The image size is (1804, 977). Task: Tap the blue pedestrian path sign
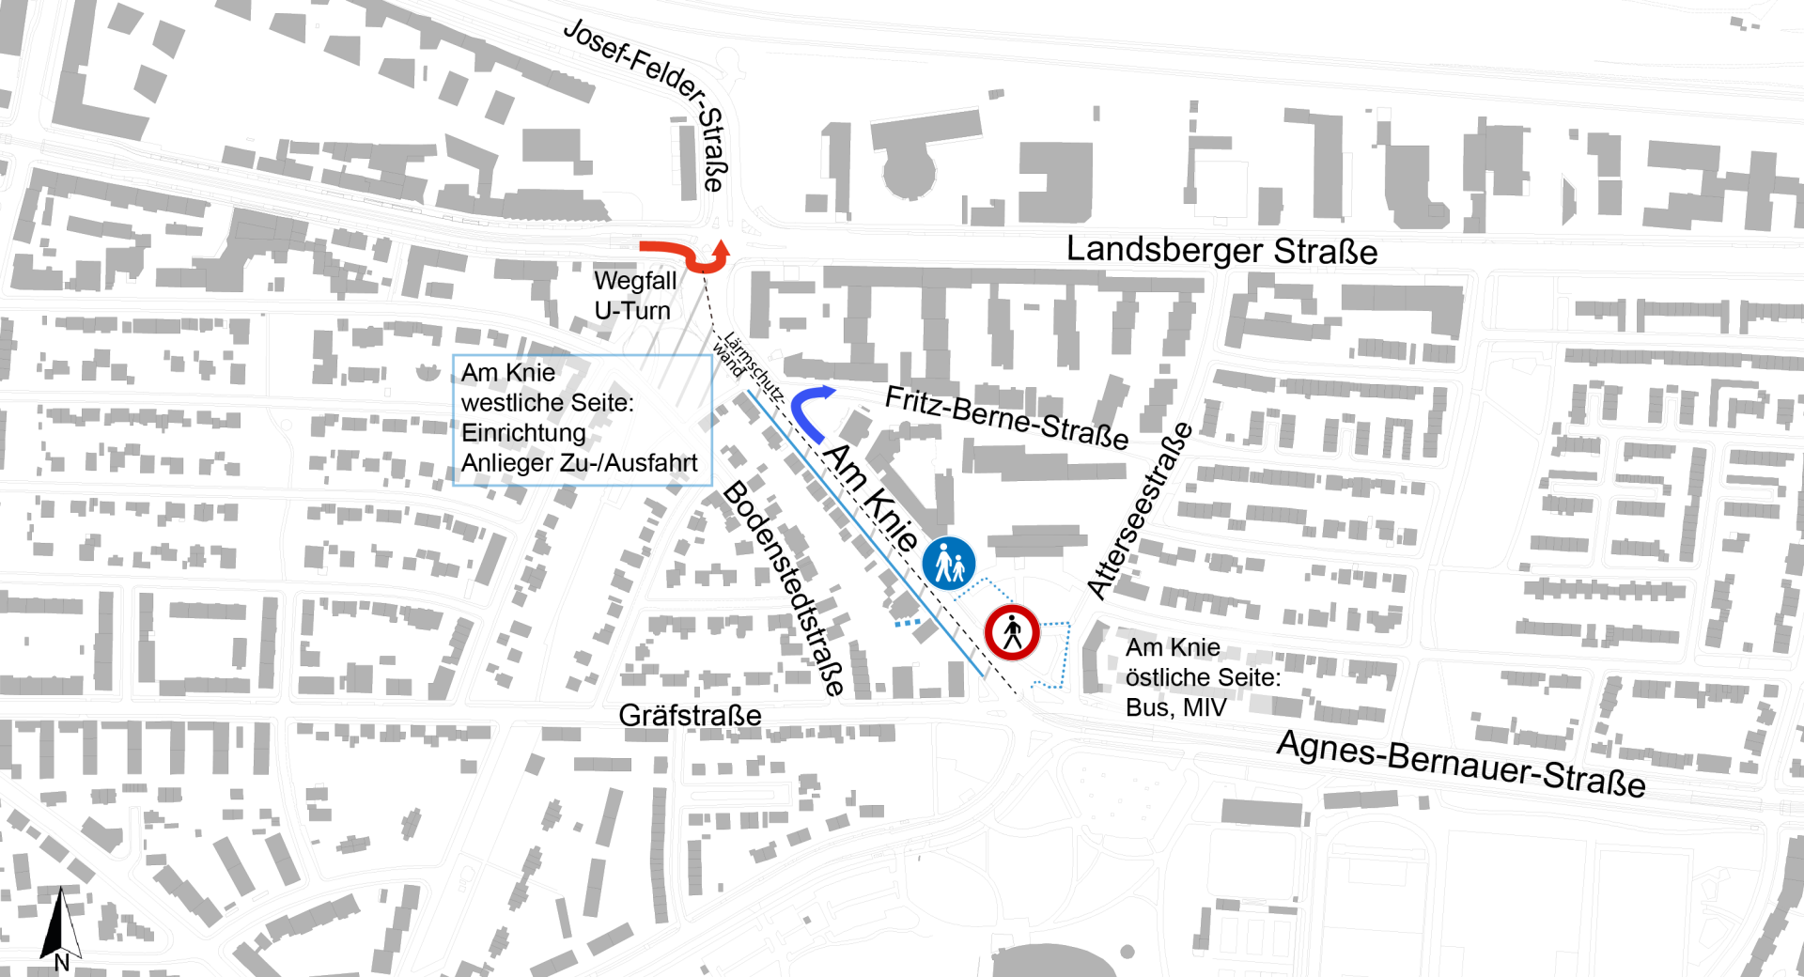click(x=948, y=564)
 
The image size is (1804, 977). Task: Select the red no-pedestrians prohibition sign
click(x=1012, y=633)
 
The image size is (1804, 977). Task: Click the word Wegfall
click(x=634, y=281)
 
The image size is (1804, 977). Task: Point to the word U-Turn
click(x=632, y=311)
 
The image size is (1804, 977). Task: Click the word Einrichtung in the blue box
click(x=523, y=433)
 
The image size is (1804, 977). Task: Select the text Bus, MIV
click(x=1175, y=707)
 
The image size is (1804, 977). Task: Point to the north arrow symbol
click(x=62, y=924)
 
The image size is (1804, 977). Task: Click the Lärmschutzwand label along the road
click(x=747, y=366)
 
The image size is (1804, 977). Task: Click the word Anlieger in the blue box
click(x=509, y=463)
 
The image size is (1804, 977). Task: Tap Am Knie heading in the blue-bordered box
click(x=508, y=373)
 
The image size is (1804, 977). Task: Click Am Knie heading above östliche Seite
click(x=1173, y=647)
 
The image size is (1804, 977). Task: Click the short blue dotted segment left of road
click(x=908, y=621)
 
